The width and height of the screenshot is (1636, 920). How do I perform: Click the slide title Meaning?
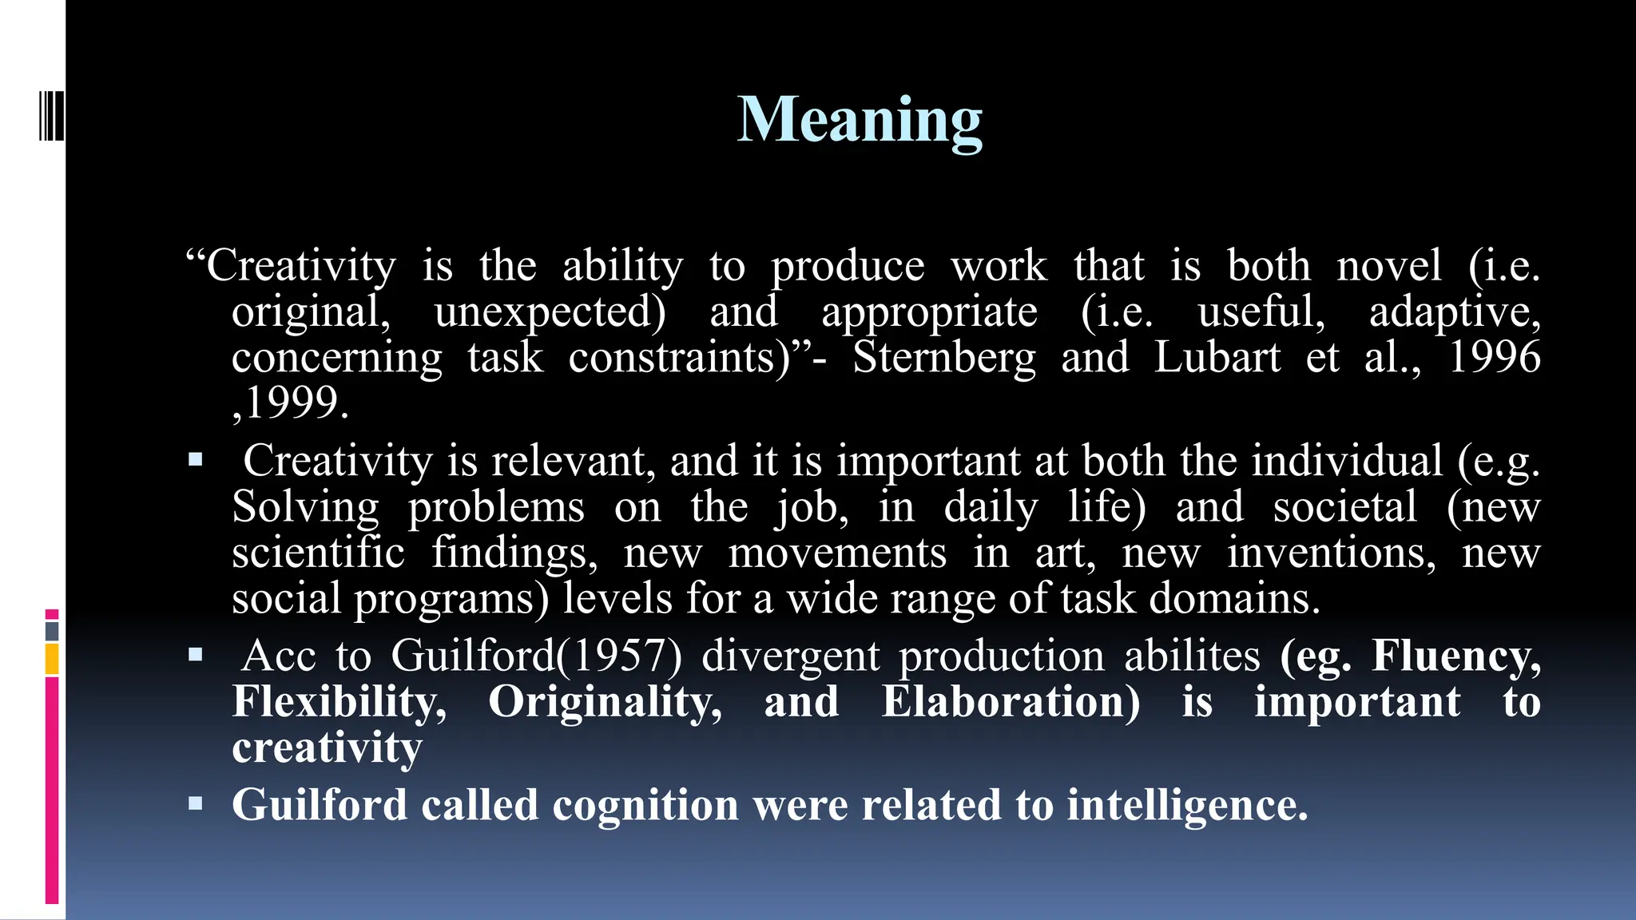pyautogui.click(x=860, y=120)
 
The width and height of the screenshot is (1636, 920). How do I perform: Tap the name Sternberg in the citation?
pyautogui.click(x=944, y=357)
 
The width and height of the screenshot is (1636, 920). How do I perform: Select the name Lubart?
pyautogui.click(x=1217, y=357)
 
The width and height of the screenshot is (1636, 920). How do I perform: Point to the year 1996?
pyautogui.click(x=1494, y=357)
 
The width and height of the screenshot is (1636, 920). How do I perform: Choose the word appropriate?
pyautogui.click(x=930, y=313)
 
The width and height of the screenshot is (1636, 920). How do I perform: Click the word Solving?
pyautogui.click(x=305, y=508)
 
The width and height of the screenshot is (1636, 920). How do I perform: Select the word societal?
pyautogui.click(x=1345, y=507)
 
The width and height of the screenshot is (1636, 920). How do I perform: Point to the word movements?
pyautogui.click(x=837, y=553)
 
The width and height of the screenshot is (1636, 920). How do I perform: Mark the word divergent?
pyautogui.click(x=791, y=656)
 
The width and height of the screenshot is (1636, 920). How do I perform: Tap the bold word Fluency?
pyautogui.click(x=1455, y=656)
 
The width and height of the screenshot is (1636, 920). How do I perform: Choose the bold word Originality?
pyautogui.click(x=605, y=702)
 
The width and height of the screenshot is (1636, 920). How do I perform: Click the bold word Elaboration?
pyautogui.click(x=1011, y=702)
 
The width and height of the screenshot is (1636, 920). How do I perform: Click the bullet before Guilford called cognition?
pyautogui.click(x=196, y=803)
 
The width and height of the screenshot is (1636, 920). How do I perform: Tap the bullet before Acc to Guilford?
pyautogui.click(x=196, y=656)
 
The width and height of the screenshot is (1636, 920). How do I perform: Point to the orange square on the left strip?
pyautogui.click(x=52, y=660)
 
